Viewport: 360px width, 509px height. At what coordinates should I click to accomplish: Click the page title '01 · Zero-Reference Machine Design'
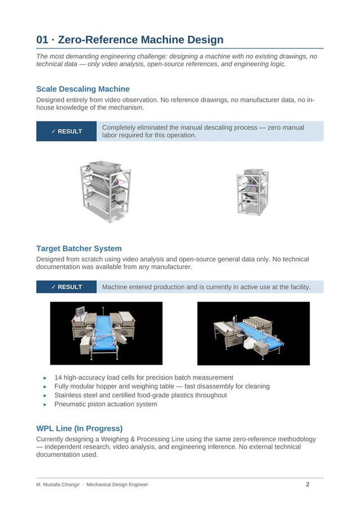[129, 40]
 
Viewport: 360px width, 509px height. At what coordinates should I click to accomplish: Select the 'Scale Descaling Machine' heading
[83, 89]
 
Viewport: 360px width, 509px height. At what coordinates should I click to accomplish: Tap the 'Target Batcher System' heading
[79, 248]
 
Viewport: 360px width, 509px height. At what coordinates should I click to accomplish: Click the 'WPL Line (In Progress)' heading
[79, 428]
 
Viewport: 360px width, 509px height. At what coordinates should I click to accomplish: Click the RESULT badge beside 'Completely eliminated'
[66, 132]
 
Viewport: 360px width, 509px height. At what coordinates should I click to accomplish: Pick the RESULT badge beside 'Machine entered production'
[66, 287]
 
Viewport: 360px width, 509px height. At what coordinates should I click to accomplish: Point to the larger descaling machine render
[105, 191]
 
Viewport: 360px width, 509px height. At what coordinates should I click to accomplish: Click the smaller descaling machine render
[252, 191]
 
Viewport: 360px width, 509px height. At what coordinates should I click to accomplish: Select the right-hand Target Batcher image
[253, 334]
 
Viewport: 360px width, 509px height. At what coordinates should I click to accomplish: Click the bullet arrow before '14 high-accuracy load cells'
[45, 378]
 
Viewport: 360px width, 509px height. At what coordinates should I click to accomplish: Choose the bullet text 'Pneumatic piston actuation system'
[106, 404]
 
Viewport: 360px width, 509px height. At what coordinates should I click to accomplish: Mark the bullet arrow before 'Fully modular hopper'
[45, 387]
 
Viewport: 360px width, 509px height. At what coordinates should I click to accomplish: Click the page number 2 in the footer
[308, 484]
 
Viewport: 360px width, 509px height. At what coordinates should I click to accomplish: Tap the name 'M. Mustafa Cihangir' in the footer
[58, 485]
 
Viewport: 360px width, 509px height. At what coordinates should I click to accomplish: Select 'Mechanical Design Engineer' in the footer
[117, 485]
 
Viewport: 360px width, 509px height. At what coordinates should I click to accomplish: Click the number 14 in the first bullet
[58, 377]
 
